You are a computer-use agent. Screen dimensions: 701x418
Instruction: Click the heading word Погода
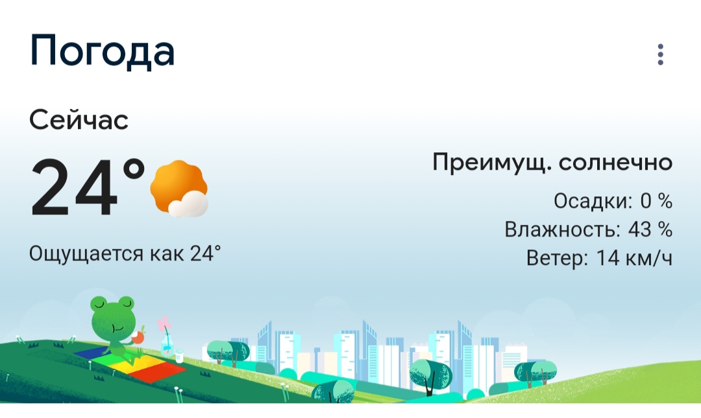(x=102, y=51)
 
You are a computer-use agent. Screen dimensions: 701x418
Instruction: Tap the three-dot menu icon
(x=660, y=54)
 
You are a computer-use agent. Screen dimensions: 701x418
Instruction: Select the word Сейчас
(x=79, y=120)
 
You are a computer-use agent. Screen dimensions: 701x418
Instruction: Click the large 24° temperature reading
(x=88, y=187)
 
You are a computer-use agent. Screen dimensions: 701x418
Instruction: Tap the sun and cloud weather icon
(x=179, y=189)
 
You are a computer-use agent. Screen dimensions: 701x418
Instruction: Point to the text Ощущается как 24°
(x=125, y=253)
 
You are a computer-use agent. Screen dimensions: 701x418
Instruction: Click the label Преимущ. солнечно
(x=552, y=162)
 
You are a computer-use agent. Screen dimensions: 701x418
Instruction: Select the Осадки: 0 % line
(x=613, y=201)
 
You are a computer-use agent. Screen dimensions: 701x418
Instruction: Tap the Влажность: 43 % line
(x=588, y=229)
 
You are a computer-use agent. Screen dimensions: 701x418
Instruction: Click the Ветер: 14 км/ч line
(x=599, y=258)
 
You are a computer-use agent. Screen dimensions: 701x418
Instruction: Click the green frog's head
(x=112, y=312)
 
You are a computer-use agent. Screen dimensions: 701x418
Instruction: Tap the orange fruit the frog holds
(x=140, y=337)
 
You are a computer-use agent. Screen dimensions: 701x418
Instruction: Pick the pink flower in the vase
(x=164, y=324)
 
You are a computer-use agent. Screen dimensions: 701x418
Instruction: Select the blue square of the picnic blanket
(x=92, y=352)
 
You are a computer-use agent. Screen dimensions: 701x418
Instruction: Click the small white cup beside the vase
(x=179, y=356)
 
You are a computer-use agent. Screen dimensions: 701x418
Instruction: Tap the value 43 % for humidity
(x=650, y=229)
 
